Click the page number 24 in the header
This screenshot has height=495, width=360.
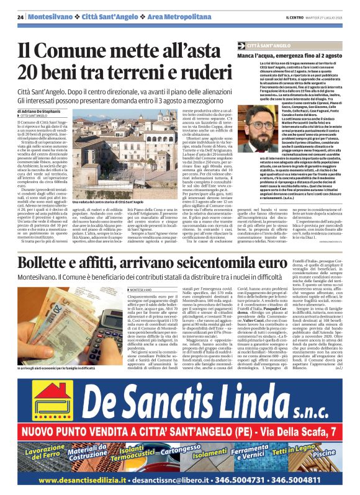[20, 16]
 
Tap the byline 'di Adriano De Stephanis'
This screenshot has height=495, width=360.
[44, 111]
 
